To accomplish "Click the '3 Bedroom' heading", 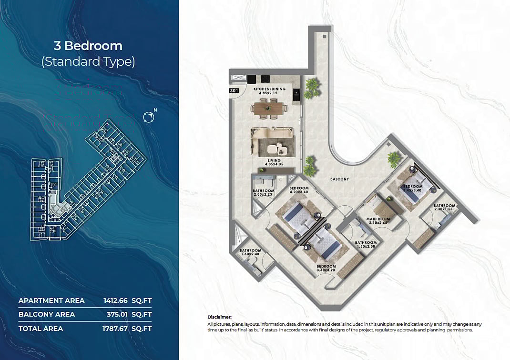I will tap(88, 46).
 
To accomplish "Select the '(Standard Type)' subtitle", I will tap(88, 61).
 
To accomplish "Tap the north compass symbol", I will tap(149, 116).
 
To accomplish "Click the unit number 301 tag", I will tap(234, 90).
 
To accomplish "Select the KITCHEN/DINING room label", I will tap(270, 89).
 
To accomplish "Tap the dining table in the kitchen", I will tap(270, 109).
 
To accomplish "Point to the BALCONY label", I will tap(339, 179).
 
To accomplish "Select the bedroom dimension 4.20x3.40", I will tap(299, 192).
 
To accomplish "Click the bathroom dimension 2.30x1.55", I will tap(444, 210).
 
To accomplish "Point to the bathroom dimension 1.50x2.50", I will tap(366, 246).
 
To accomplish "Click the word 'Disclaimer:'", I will tap(220, 317).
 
